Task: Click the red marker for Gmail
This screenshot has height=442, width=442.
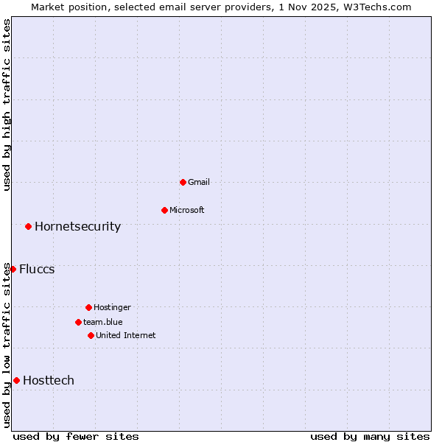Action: pos(183,182)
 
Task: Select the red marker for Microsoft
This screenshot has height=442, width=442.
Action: pos(164,210)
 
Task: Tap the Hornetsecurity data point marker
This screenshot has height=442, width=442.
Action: pos(28,226)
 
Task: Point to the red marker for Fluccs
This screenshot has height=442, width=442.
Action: pos(13,269)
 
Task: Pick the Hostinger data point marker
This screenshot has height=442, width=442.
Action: pos(88,307)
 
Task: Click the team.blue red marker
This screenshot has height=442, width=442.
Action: pos(78,322)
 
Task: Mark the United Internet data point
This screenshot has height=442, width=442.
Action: pos(91,335)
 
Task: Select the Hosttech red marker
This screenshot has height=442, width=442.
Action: pos(16,380)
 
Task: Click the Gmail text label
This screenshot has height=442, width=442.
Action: pos(199,182)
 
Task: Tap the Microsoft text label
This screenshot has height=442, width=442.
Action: pos(186,210)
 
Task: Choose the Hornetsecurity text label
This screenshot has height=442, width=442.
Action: pos(77,226)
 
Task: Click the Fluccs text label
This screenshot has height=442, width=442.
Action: pos(37,269)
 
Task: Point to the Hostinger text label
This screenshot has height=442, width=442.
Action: pos(112,307)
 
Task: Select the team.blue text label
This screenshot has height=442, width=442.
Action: pos(102,322)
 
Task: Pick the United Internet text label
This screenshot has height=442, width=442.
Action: pos(125,335)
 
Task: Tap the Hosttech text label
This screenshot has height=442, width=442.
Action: pos(49,380)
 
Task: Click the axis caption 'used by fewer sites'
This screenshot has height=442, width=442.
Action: pos(76,436)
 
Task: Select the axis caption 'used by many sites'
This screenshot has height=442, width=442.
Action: pos(370,436)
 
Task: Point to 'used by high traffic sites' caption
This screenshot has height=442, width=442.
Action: pos(7,105)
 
